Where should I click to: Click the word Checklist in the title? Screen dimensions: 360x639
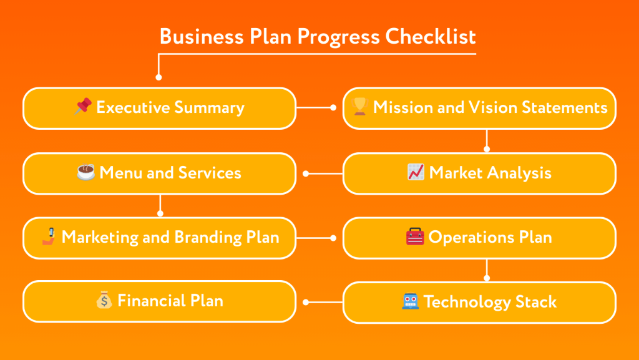[430, 36]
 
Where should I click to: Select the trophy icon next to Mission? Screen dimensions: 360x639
[359, 107]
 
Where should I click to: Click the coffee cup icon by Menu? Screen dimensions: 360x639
[85, 172]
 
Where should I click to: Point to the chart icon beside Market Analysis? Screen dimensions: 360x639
[416, 172]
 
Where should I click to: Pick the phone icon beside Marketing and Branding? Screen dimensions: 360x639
[49, 236]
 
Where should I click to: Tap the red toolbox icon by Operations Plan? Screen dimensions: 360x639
[415, 237]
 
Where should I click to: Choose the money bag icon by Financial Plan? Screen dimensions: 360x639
[104, 301]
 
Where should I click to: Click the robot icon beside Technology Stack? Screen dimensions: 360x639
[410, 302]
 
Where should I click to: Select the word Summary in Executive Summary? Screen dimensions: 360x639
[209, 107]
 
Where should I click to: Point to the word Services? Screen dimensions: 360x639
[210, 172]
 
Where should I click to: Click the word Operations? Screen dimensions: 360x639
[472, 237]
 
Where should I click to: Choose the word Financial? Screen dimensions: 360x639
[148, 301]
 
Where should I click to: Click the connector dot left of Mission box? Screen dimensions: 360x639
[333, 107]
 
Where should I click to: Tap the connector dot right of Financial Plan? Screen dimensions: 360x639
[306, 302]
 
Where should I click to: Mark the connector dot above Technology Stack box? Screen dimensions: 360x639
[487, 278]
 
